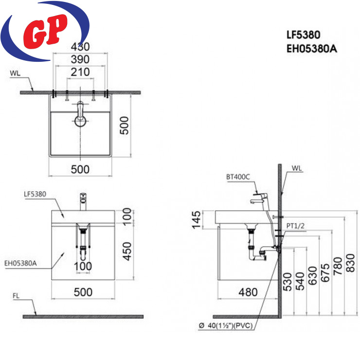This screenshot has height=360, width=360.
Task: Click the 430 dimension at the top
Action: pos(80,47)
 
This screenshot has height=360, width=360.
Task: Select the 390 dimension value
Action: pos(80,59)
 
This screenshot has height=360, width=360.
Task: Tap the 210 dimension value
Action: pos(80,72)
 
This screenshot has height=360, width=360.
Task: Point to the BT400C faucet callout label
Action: pos(238,177)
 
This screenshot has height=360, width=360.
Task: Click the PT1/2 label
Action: pos(295,226)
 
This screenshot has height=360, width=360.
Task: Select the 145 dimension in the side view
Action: pos(197,220)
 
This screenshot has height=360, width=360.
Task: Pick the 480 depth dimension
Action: pos(248,292)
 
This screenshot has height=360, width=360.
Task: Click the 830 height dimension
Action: pos(350,263)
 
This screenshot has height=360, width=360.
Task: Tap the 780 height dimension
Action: pos(338,266)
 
